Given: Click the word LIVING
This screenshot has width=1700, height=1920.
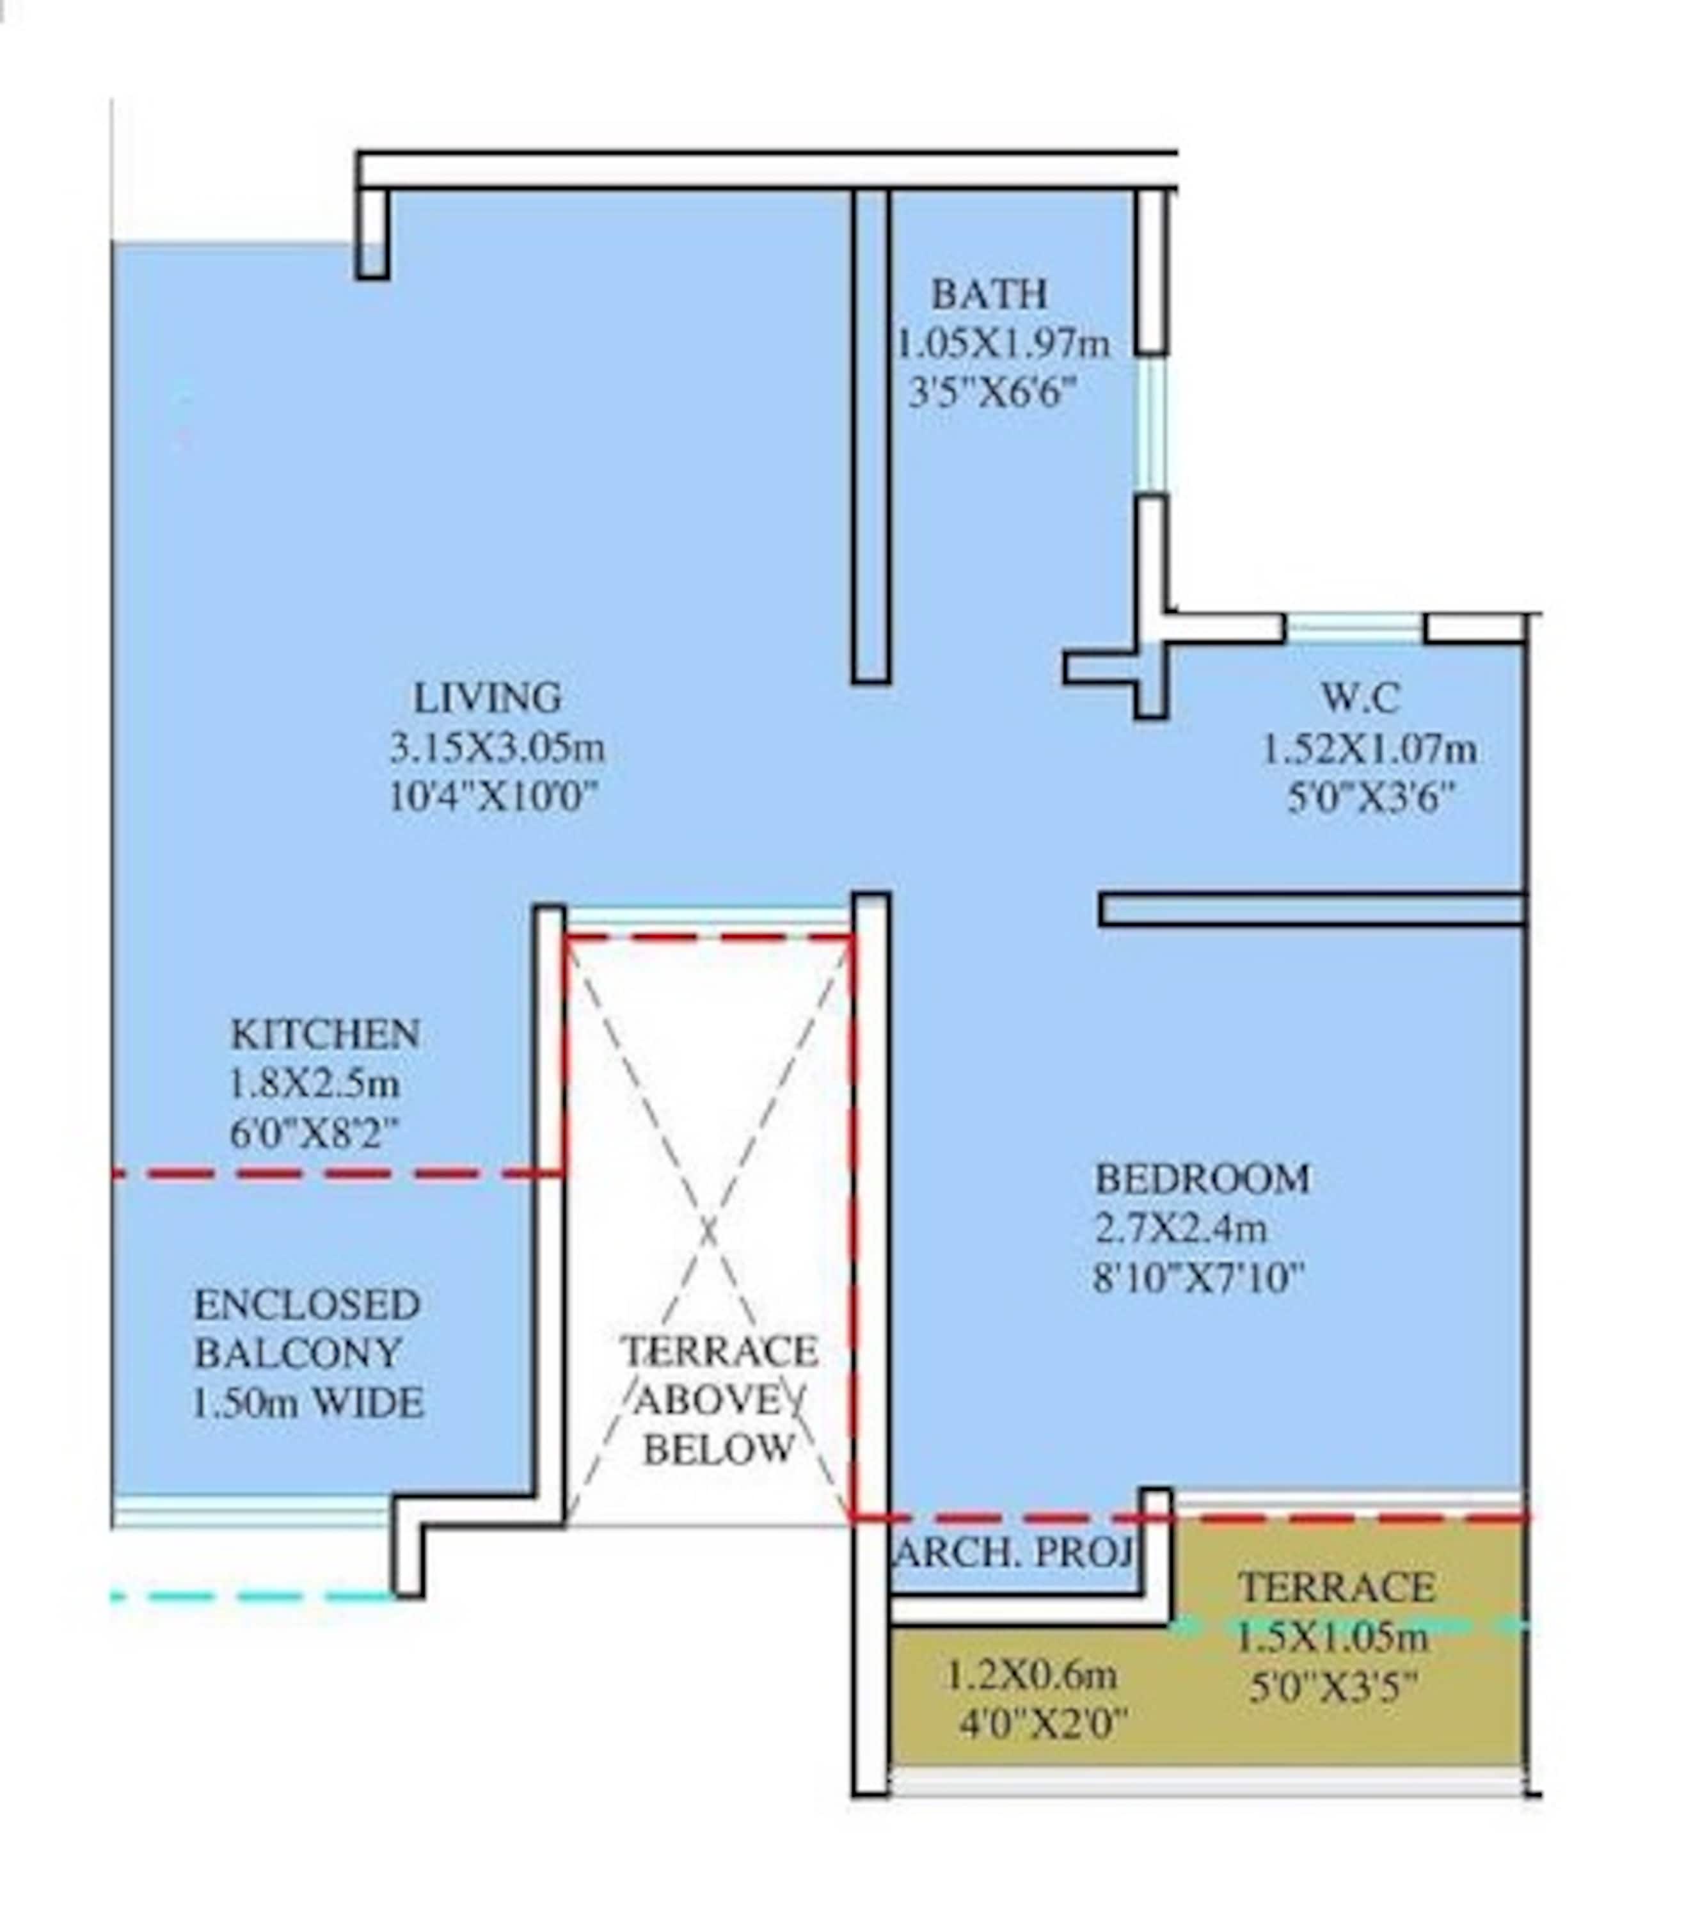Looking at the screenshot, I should point(488,698).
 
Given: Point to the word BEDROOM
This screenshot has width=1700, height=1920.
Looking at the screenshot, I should point(1202,1179).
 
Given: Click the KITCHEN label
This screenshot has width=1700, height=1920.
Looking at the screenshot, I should point(325,1034).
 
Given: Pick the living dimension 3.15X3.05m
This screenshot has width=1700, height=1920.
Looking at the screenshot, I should point(497,749).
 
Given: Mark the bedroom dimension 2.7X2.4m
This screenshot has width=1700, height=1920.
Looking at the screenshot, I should point(1180,1228).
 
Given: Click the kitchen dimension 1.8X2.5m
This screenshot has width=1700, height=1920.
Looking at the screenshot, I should point(315,1084).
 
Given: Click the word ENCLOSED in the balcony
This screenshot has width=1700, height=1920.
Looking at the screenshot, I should point(306,1304).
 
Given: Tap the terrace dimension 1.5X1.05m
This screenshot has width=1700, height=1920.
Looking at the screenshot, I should point(1332,1638).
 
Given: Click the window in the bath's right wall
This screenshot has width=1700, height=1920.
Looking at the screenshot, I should point(1152,424).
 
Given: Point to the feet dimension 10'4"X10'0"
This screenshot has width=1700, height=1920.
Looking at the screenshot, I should point(494,799).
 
